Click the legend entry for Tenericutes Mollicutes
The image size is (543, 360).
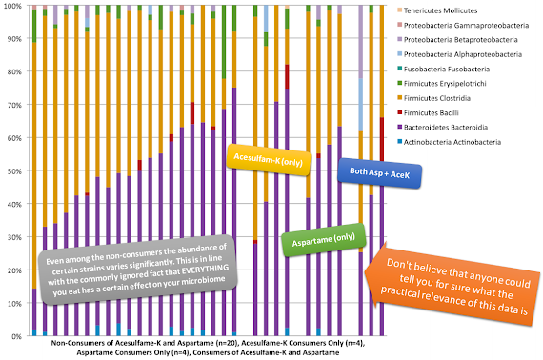(437, 10)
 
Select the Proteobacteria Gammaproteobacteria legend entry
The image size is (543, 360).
(463, 26)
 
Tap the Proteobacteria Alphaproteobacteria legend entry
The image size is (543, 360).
(459, 54)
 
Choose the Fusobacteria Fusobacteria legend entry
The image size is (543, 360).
(444, 69)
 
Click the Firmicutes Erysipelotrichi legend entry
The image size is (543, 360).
(442, 84)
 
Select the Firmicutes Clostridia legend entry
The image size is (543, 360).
(433, 98)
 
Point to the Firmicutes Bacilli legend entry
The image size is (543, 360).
(428, 112)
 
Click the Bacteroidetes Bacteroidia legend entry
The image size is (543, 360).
(443, 128)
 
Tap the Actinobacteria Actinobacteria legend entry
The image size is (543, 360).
(449, 142)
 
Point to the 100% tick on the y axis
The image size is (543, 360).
(12, 6)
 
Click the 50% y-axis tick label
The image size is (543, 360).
(14, 171)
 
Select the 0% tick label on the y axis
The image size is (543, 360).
(16, 336)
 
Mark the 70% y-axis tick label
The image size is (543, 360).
(14, 105)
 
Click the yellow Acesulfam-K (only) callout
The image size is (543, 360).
(269, 160)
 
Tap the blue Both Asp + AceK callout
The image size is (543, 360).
(379, 173)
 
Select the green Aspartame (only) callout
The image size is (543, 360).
(324, 240)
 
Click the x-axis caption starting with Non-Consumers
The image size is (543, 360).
(208, 348)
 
